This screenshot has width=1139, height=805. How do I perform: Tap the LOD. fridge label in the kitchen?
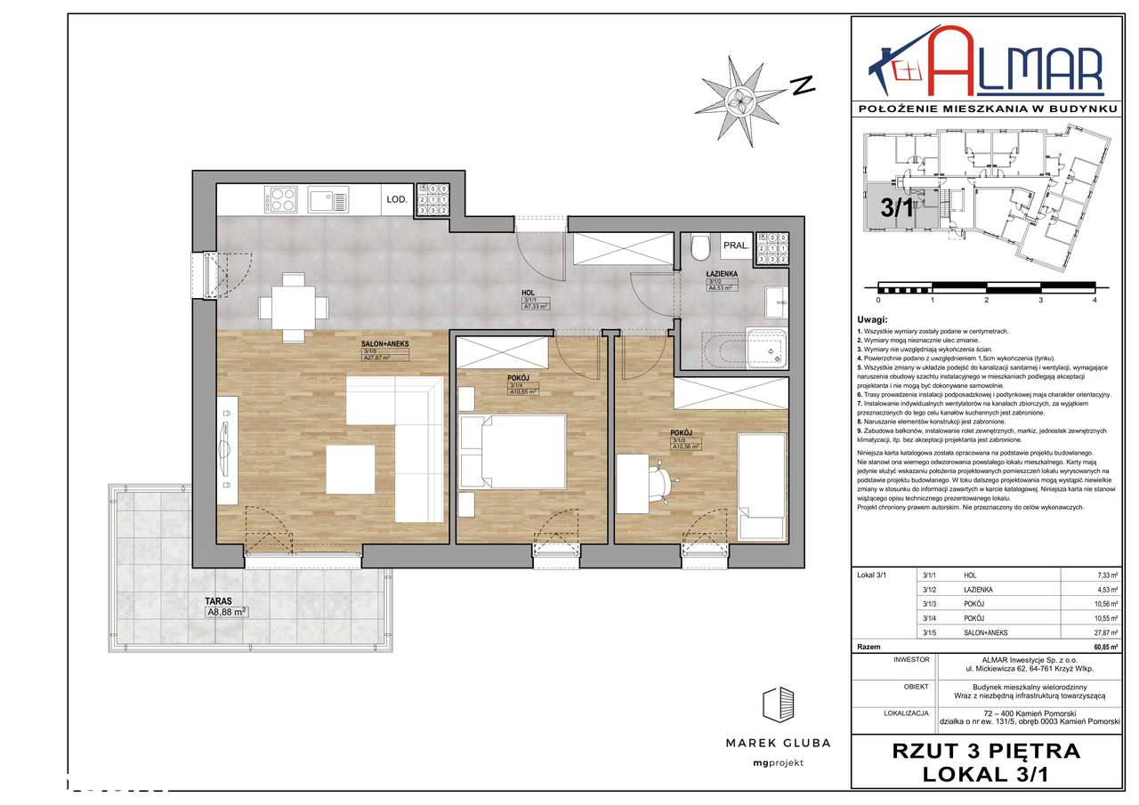click(396, 200)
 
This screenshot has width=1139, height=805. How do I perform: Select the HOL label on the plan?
click(528, 291)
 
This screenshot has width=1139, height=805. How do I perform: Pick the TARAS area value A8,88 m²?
click(226, 611)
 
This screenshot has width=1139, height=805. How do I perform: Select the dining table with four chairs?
click(291, 307)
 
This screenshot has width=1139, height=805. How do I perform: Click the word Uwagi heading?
click(873, 319)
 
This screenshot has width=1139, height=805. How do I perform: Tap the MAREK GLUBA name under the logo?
click(778, 743)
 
